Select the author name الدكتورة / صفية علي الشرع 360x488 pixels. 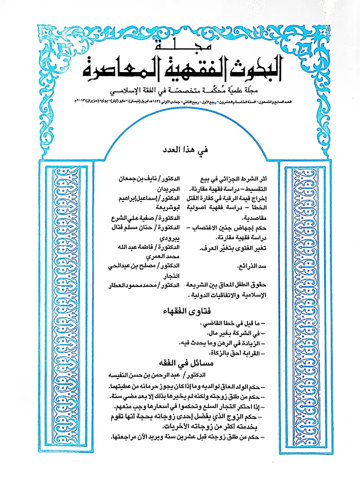(x=142, y=219)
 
